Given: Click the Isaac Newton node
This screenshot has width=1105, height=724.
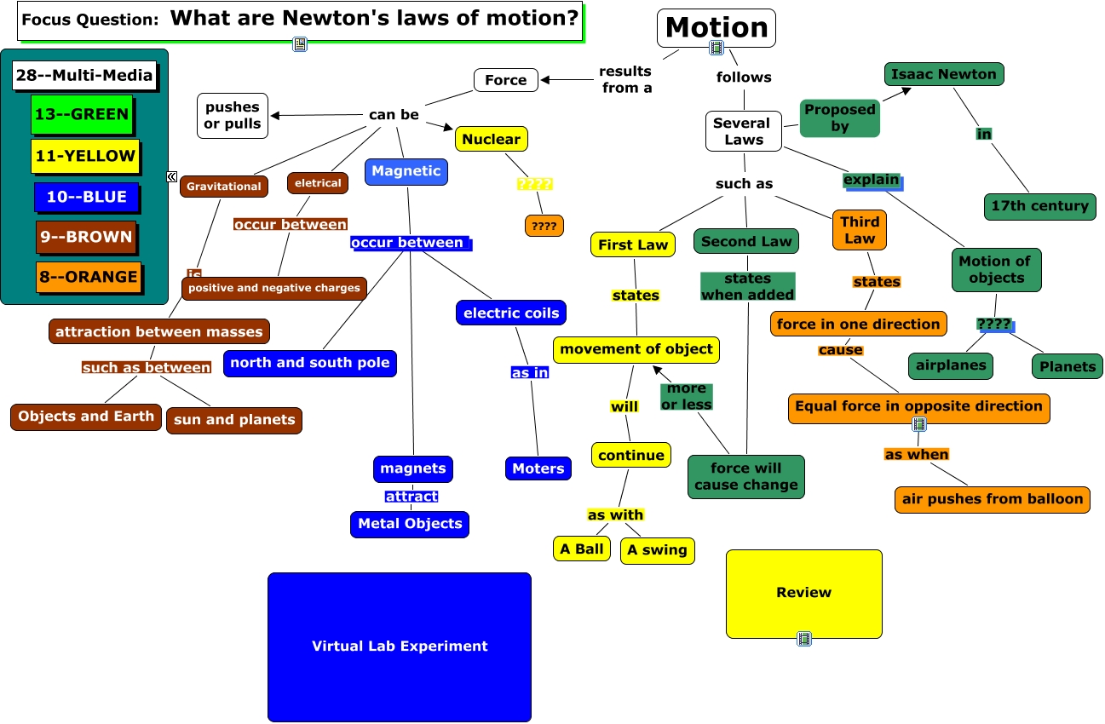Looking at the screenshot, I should pos(944,74).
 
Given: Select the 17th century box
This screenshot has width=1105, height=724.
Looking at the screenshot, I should pos(1039,205).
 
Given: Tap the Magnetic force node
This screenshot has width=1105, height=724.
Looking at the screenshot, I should pos(406,171).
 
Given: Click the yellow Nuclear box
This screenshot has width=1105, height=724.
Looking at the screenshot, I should pos(491,139).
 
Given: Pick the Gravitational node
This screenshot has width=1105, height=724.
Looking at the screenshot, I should pos(224,186).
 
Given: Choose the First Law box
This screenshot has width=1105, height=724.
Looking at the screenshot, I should pos(633,244).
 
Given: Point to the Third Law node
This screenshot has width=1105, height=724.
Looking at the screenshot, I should pos(860,230).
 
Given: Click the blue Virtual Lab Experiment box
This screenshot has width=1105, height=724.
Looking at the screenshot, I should pos(400,646).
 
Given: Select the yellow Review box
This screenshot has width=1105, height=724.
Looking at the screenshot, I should pos(803,593).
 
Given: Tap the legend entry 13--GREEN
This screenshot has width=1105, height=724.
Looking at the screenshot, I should pos(82,114).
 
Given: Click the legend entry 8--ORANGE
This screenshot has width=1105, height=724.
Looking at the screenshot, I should pos(87,277).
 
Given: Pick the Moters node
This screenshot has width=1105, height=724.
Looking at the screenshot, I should pos(538,468).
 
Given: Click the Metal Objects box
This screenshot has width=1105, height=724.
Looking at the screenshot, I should pos(410,524).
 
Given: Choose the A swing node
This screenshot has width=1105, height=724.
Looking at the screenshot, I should pos(657,550).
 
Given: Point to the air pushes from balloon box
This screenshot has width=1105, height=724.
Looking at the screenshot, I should pos(993,499).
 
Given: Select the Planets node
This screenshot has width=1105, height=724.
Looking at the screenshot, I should pos(1068,366).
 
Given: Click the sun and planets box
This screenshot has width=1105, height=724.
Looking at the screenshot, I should pos(234,419).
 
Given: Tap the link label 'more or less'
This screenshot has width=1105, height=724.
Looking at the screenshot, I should pos(686,397).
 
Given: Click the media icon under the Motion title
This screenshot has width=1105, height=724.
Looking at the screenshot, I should pos(717,49).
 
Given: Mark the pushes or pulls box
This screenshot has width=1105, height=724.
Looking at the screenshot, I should pos(232,116).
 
